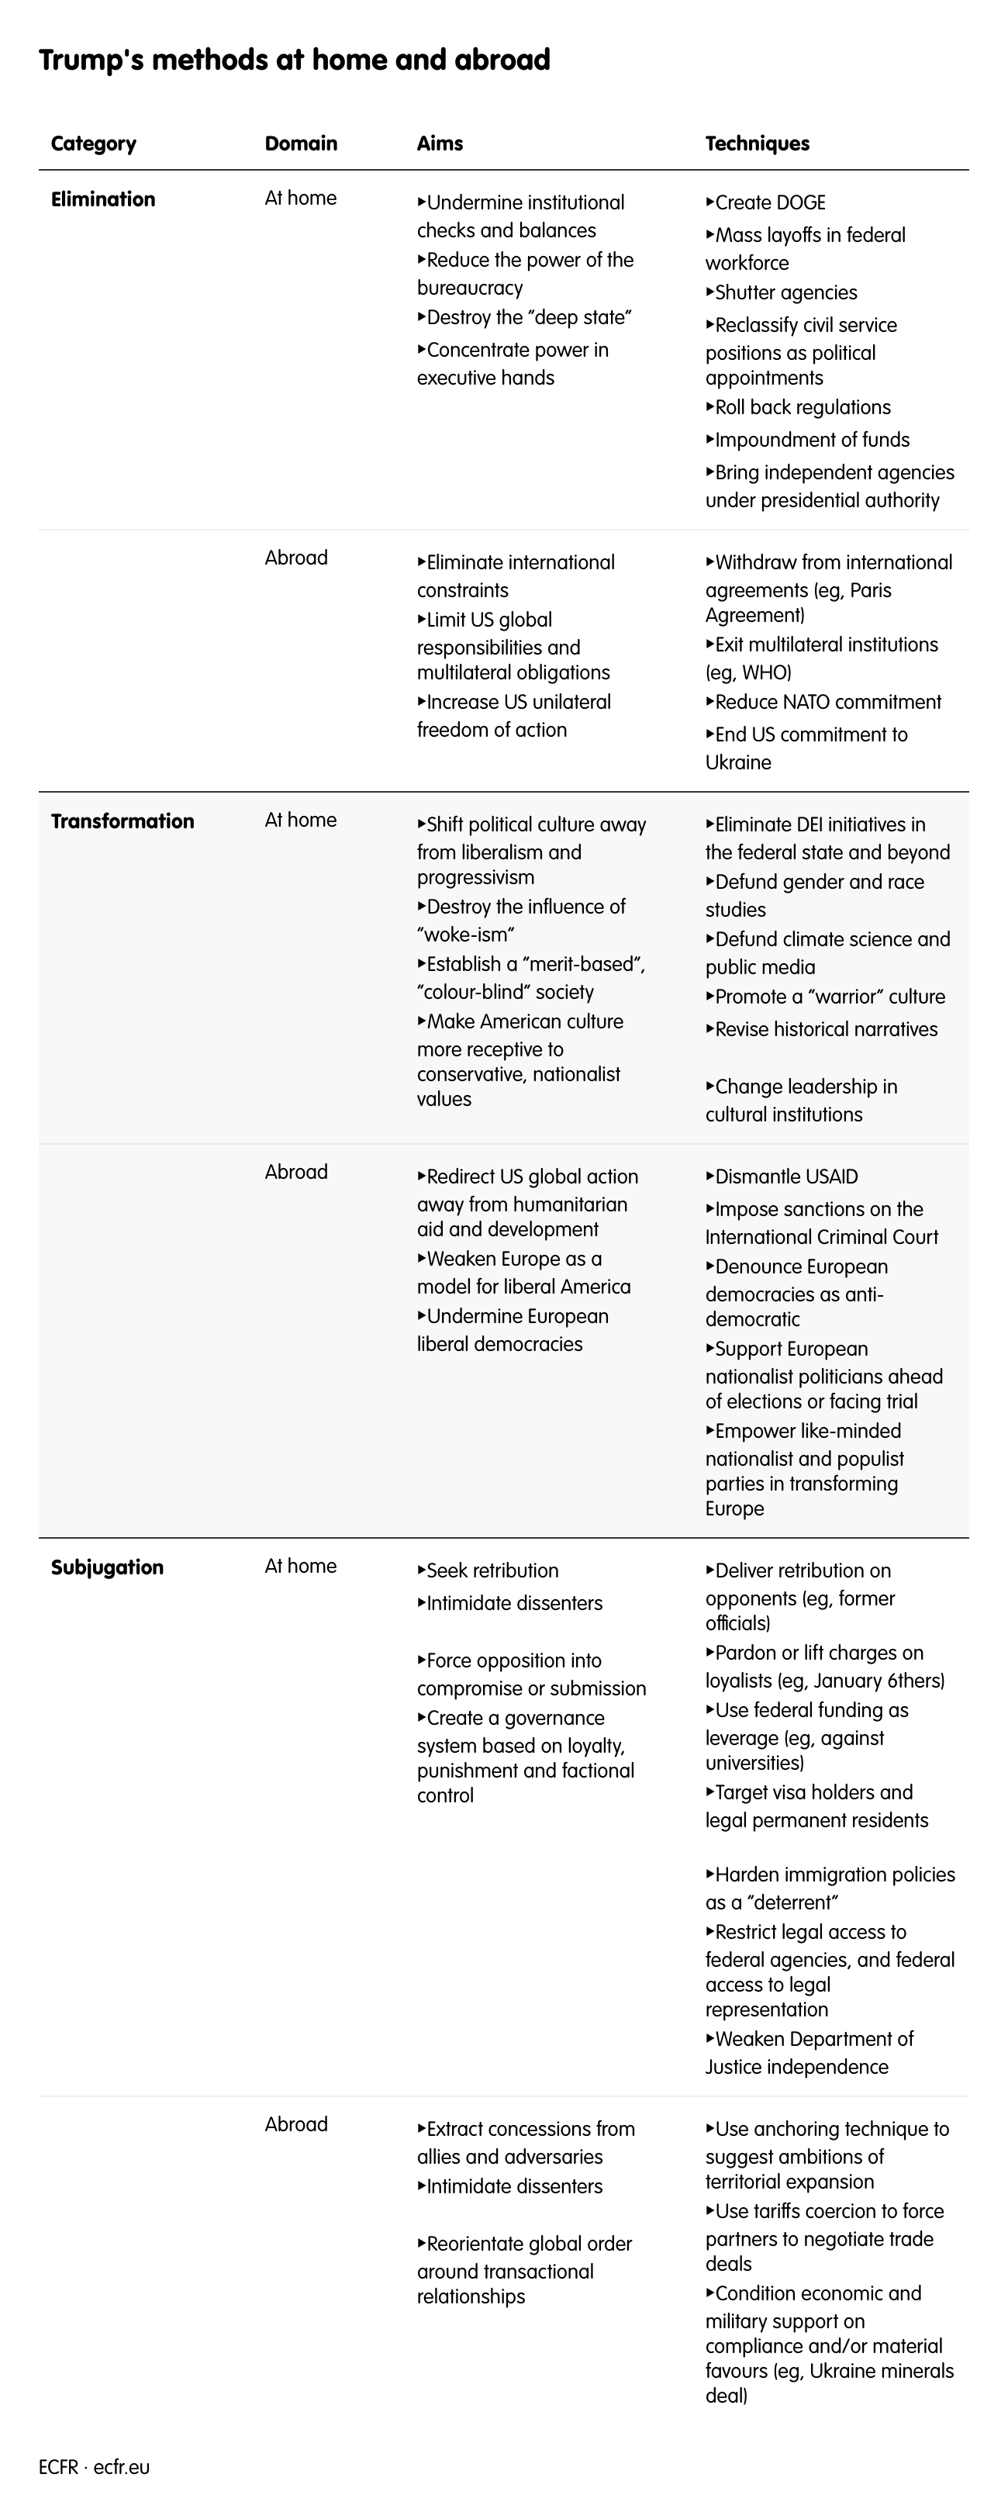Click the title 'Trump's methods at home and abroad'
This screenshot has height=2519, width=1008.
click(x=295, y=60)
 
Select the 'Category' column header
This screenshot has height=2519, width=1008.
click(x=94, y=143)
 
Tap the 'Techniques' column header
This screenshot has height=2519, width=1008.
click(x=757, y=143)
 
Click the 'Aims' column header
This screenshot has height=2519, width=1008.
click(x=440, y=143)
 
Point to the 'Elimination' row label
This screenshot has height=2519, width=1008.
click(x=102, y=199)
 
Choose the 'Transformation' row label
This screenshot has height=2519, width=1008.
click(x=123, y=821)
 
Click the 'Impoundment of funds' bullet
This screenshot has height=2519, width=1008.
click(x=812, y=440)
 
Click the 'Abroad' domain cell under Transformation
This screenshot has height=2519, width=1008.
click(x=296, y=1173)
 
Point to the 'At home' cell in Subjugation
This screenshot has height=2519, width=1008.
click(x=300, y=1567)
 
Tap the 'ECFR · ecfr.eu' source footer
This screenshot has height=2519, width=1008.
click(x=95, y=2467)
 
